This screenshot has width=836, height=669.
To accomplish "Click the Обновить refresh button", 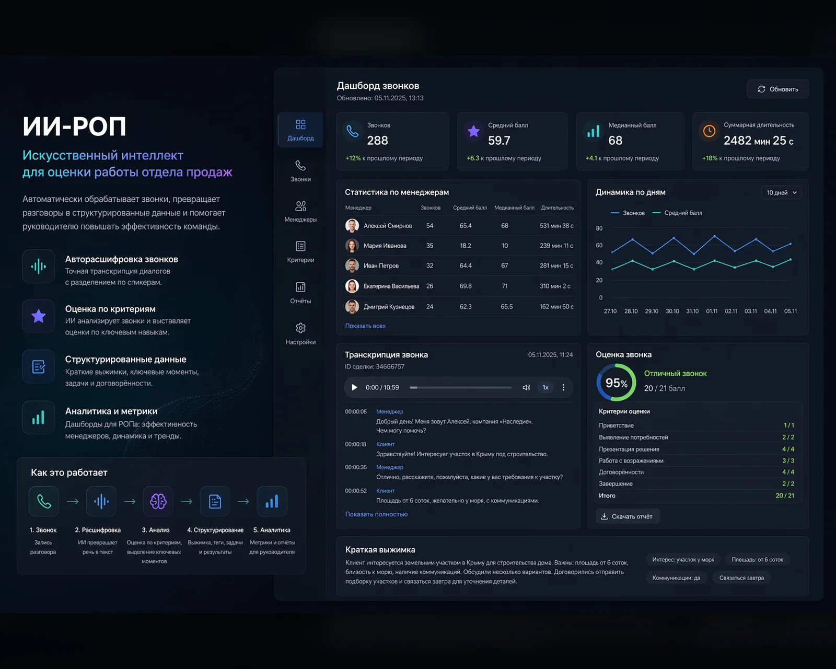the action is (x=777, y=89).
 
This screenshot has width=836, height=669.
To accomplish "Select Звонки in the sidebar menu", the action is (x=300, y=171).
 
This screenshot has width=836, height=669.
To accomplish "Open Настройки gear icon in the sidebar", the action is (x=300, y=328).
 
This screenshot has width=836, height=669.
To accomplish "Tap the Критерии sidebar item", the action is (x=300, y=252).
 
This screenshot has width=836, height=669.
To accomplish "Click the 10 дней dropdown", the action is (x=781, y=192).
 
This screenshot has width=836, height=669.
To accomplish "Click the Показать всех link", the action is (x=365, y=326).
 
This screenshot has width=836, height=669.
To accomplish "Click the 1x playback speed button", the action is (x=545, y=387).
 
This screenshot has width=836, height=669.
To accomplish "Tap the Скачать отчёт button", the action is (x=628, y=516).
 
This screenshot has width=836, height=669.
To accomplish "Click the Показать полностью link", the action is (x=376, y=514).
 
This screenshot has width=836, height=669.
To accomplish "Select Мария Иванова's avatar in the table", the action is (x=352, y=246).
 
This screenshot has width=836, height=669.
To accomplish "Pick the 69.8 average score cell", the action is (x=466, y=286).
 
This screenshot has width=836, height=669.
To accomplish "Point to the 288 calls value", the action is (x=377, y=140).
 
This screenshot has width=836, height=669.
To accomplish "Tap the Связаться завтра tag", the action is (x=741, y=578).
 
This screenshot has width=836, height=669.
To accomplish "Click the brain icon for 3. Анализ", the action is (x=158, y=501).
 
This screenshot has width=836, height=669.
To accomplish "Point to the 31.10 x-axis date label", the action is (x=692, y=311).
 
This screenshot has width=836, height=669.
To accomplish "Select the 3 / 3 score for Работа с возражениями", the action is (x=788, y=460).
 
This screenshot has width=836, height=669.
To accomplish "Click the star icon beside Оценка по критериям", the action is (x=39, y=316).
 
